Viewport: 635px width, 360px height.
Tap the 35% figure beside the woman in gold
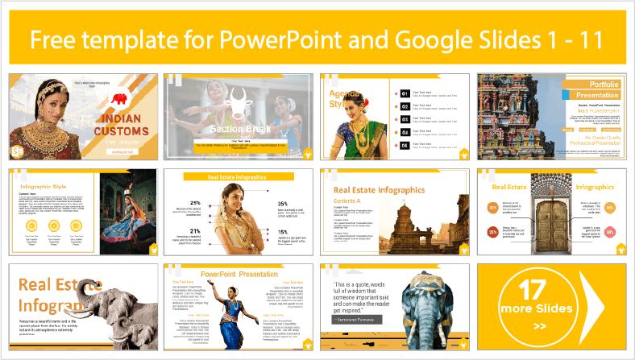pos(284,204)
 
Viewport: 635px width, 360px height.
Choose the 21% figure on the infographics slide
pos(194,231)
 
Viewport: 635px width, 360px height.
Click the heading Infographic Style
pos(44,187)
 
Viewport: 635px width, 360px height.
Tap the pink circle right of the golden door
pos(611,232)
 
